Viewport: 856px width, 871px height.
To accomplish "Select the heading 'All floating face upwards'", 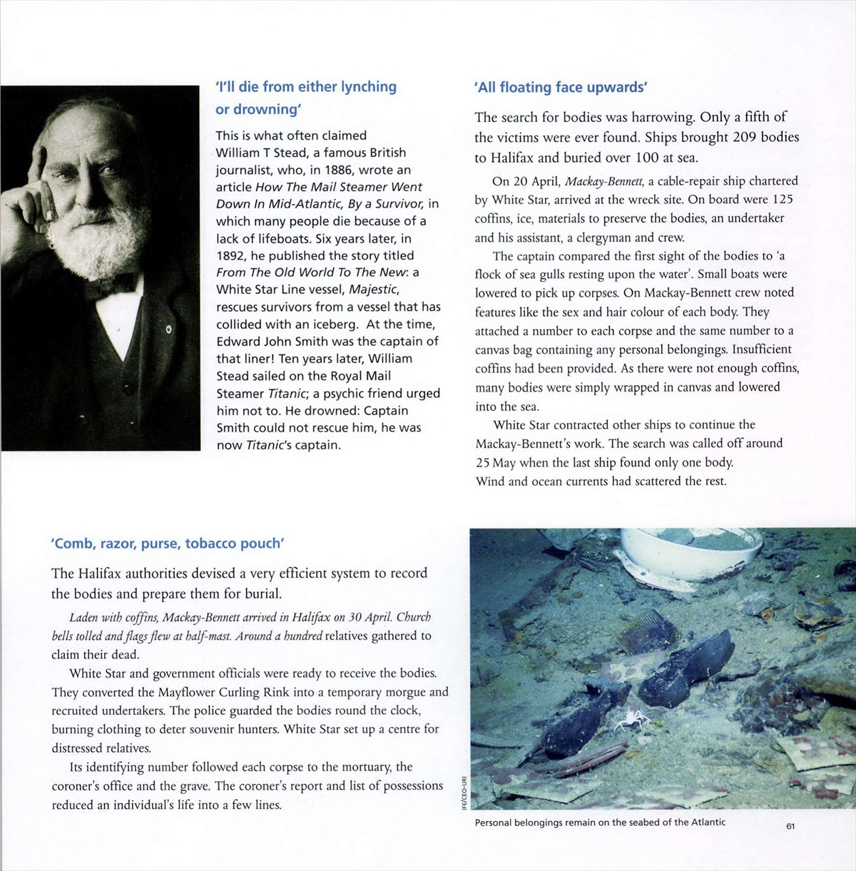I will point(561,88).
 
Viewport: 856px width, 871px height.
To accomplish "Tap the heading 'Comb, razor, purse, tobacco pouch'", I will point(168,544).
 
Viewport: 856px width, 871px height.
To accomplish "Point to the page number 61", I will point(790,826).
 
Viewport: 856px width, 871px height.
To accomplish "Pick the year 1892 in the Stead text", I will point(230,255).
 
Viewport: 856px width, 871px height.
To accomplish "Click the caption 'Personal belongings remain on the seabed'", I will point(600,822).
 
